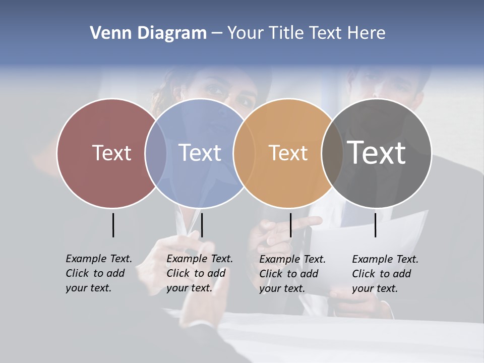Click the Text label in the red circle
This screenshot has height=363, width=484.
pos(111,153)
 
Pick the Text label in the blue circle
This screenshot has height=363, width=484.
pos(200,153)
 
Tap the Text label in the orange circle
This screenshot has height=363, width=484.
pos(288,153)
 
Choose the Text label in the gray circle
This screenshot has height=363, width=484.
pos(377,152)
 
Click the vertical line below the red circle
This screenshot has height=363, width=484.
pos(113,225)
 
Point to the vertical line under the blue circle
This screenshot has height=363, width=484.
pos(202,225)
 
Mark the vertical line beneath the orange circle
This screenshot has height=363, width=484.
pos(290,225)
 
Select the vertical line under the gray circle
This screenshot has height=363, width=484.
pos(375,225)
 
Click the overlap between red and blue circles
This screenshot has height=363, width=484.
pos(156,153)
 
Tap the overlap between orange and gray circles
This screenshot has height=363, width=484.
pos(333,153)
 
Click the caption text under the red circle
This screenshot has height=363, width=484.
pos(99,273)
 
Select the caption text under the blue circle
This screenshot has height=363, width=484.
pos(200,273)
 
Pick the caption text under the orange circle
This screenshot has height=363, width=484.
pos(292,274)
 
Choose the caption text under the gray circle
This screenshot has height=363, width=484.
pos(385,274)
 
